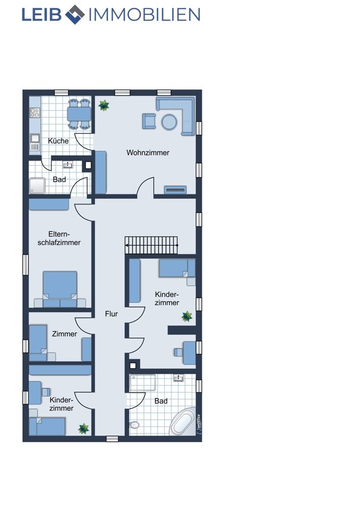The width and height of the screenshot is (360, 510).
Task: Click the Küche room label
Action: [x=58, y=141]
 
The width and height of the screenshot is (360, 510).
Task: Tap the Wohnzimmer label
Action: [x=148, y=152]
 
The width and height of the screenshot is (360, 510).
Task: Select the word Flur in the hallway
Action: [x=111, y=314]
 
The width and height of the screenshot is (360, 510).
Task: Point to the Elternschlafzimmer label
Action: [x=59, y=238]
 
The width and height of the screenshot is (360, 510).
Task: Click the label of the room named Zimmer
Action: [x=64, y=334]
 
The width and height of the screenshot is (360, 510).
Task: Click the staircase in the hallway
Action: [x=151, y=245]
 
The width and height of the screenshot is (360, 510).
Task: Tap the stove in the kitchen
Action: [x=35, y=113]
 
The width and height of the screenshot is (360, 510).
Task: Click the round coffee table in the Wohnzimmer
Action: [x=169, y=122]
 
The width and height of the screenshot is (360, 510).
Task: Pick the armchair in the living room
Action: [x=149, y=121]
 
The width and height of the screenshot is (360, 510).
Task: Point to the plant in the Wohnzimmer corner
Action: [x=104, y=106]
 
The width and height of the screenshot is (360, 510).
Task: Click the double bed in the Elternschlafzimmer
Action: [x=60, y=289]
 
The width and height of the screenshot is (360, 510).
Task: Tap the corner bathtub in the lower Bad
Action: [x=183, y=422]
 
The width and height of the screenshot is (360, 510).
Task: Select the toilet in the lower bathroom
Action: [x=134, y=425]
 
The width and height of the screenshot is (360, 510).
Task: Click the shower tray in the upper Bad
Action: [x=37, y=186]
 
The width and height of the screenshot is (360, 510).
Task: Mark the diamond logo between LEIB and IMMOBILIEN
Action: [x=75, y=15]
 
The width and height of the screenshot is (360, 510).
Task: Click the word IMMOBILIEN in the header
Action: [x=144, y=15]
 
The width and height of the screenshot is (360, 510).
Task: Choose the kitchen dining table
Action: [x=80, y=114]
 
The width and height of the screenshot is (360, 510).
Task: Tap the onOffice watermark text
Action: [x=198, y=424]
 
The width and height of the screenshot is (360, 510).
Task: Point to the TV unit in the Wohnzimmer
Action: [x=175, y=190]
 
